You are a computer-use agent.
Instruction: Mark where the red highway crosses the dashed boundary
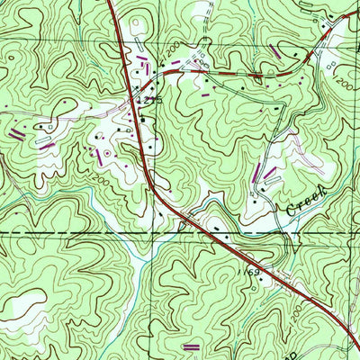[208, 233]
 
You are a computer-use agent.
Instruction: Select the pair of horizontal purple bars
[191, 346]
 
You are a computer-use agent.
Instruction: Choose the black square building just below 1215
[142, 115]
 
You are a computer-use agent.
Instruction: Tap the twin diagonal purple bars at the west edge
[17, 134]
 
